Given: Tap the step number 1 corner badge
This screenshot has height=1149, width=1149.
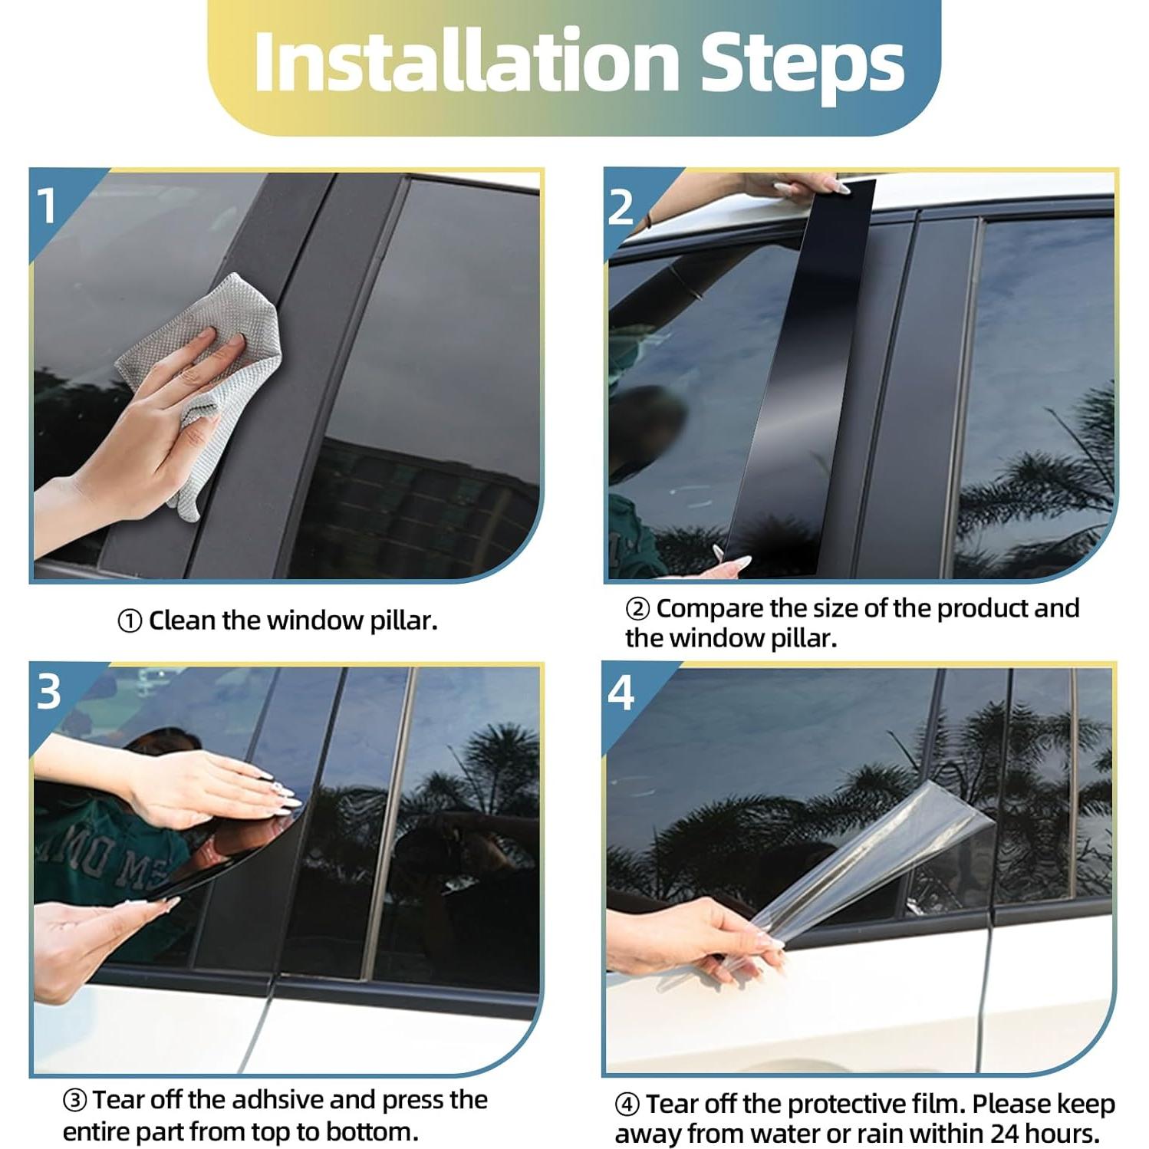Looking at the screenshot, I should pyautogui.click(x=48, y=206).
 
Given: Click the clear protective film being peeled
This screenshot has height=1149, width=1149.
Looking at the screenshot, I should pyautogui.click(x=882, y=859).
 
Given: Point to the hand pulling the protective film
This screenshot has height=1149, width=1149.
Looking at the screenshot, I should pyautogui.click(x=690, y=936).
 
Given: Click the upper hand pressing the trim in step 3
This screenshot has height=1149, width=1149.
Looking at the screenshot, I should pyautogui.click(x=207, y=790).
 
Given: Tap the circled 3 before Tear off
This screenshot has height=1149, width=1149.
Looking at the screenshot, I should pyautogui.click(x=74, y=1101).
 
